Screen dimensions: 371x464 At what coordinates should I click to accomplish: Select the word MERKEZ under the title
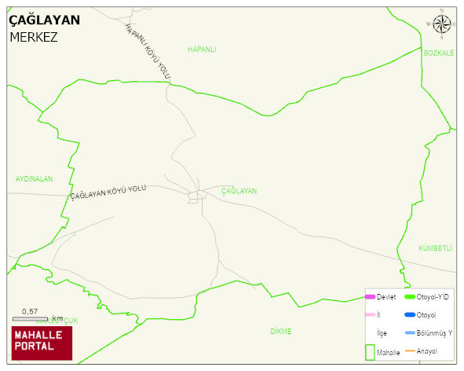coord(33,37)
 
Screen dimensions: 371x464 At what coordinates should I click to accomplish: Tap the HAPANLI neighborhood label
coord(202,50)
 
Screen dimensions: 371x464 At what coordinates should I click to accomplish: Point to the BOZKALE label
coord(439,53)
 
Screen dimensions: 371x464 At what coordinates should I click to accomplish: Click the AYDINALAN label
coord(34,179)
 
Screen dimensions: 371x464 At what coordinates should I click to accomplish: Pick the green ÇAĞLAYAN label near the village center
coord(239,191)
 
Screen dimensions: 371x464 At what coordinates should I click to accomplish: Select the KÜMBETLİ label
coord(436,248)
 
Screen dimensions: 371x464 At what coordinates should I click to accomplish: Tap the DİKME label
coord(280,332)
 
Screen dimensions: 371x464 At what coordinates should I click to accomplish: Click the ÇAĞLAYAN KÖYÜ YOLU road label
coord(108,192)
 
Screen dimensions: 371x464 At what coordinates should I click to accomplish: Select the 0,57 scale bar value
coord(30,311)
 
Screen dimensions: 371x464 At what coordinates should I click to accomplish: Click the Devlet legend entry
coord(385,297)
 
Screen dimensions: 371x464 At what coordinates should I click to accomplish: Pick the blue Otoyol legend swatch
coord(409,315)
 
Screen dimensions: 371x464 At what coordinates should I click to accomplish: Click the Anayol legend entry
coord(426,351)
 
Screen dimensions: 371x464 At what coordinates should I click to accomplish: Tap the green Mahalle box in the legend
coord(370,351)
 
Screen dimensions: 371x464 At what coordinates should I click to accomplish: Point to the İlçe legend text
coord(382,333)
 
